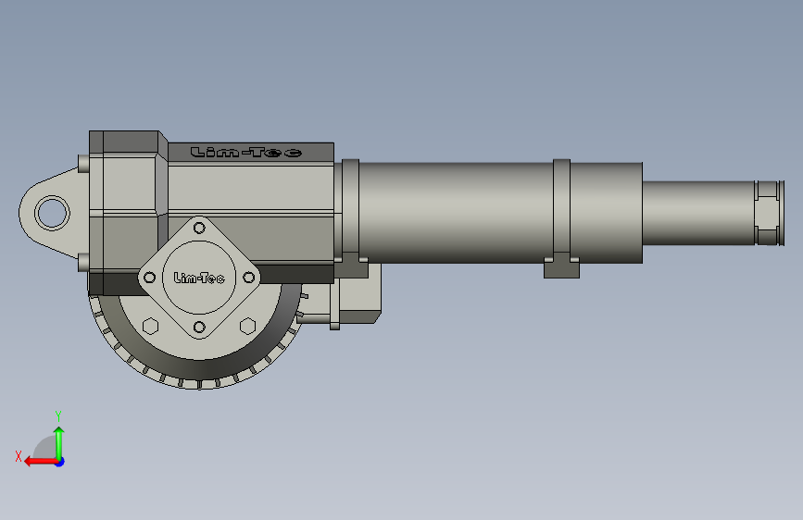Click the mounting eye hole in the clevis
pos(52,213)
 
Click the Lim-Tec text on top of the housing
pos(245,152)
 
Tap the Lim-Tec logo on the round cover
pos(199,278)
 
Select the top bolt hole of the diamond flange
pos(199,228)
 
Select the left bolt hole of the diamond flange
pos(149,278)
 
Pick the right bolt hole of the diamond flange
pos(249,278)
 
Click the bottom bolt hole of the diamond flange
pos(199,327)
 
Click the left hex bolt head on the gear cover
pos(150,326)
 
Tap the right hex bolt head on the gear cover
pos(248,326)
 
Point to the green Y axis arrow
pos(59,444)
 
